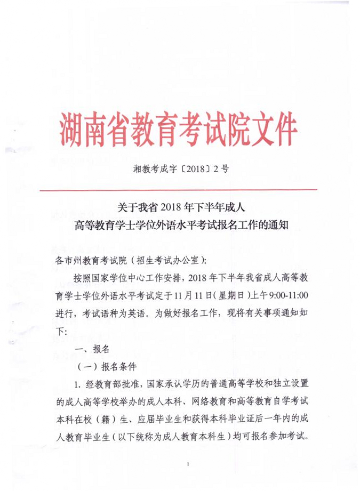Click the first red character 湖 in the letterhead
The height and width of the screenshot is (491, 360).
tap(74, 128)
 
